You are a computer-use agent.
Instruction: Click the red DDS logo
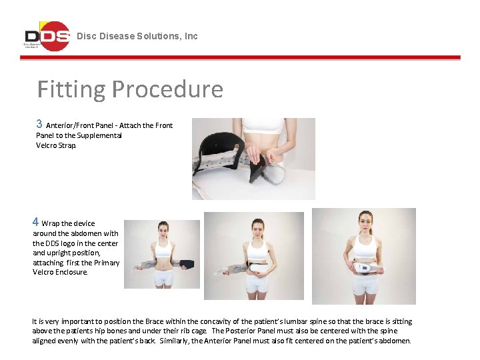click(47, 36)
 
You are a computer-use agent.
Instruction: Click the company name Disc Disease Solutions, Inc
click(137, 36)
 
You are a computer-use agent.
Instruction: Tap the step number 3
click(39, 124)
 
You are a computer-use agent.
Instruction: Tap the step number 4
click(36, 222)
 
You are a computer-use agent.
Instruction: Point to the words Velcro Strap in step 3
click(56, 145)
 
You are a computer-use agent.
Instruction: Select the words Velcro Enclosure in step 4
click(60, 272)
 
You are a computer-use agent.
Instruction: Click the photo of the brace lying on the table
click(253, 159)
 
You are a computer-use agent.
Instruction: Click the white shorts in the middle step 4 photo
click(256, 283)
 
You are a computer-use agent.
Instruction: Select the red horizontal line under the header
click(240, 58)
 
